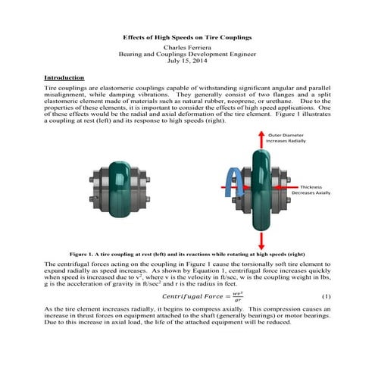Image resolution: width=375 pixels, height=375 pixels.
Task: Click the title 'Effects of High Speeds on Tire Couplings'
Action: (187, 37)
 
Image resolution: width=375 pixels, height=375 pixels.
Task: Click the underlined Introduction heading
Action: (64, 78)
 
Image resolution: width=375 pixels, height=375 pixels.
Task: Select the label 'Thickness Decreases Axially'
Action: (311, 189)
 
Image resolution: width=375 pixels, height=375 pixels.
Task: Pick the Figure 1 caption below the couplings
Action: (187, 254)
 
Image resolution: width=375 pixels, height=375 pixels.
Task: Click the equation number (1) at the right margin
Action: (327, 295)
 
